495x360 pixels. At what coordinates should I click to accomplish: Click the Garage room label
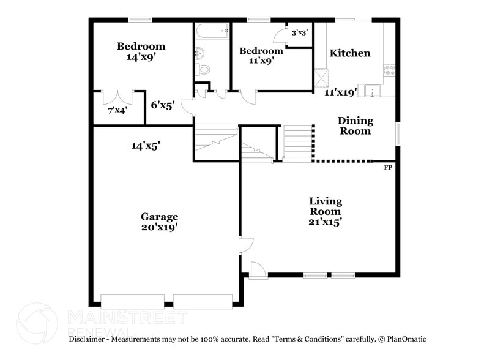160,217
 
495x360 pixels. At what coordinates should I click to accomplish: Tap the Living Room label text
325,206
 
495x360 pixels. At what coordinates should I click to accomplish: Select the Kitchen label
350,53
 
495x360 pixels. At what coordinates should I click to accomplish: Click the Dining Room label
355,126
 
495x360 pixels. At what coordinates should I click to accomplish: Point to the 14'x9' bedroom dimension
141,57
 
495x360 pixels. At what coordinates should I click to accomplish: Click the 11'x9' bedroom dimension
261,61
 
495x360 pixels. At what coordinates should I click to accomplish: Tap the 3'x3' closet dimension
300,32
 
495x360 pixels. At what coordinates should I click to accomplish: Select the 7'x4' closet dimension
117,111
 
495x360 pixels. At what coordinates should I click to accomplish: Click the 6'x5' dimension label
163,105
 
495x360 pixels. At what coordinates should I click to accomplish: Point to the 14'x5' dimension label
146,146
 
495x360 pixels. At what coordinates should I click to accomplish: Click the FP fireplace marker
387,167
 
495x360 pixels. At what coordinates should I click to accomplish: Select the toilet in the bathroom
203,69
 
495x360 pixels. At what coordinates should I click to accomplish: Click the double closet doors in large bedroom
117,97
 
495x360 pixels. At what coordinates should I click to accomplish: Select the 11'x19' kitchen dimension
340,92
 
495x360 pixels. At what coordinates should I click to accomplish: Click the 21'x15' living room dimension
325,222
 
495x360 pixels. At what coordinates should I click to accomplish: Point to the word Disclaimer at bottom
89,339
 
